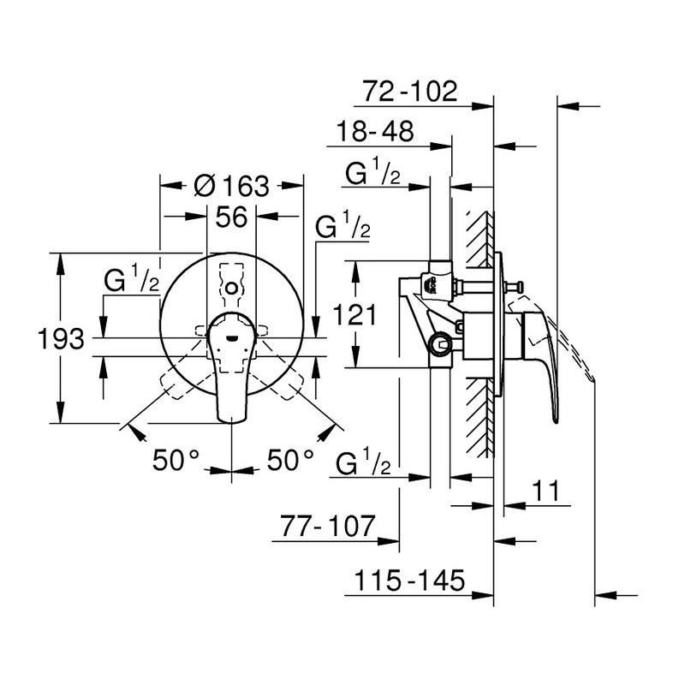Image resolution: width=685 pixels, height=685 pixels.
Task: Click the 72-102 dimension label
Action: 411,90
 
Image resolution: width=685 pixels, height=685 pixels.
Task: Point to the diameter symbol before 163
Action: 205,185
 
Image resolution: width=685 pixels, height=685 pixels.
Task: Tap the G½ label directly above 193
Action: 132,280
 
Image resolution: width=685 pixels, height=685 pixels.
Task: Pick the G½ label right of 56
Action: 342,227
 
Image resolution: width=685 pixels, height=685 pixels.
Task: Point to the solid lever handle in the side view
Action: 544,360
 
